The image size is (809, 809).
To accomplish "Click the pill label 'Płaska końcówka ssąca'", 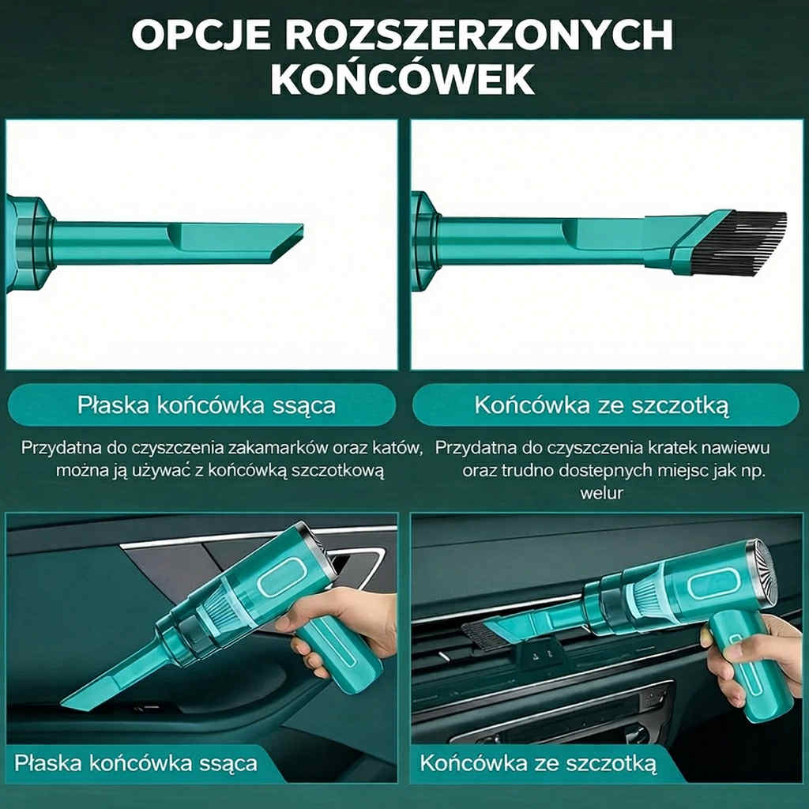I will click(206, 405).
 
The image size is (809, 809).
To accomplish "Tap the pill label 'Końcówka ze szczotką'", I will click(602, 405).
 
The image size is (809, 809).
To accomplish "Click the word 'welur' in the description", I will click(602, 493).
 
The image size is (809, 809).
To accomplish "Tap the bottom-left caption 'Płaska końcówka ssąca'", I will click(136, 763).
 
